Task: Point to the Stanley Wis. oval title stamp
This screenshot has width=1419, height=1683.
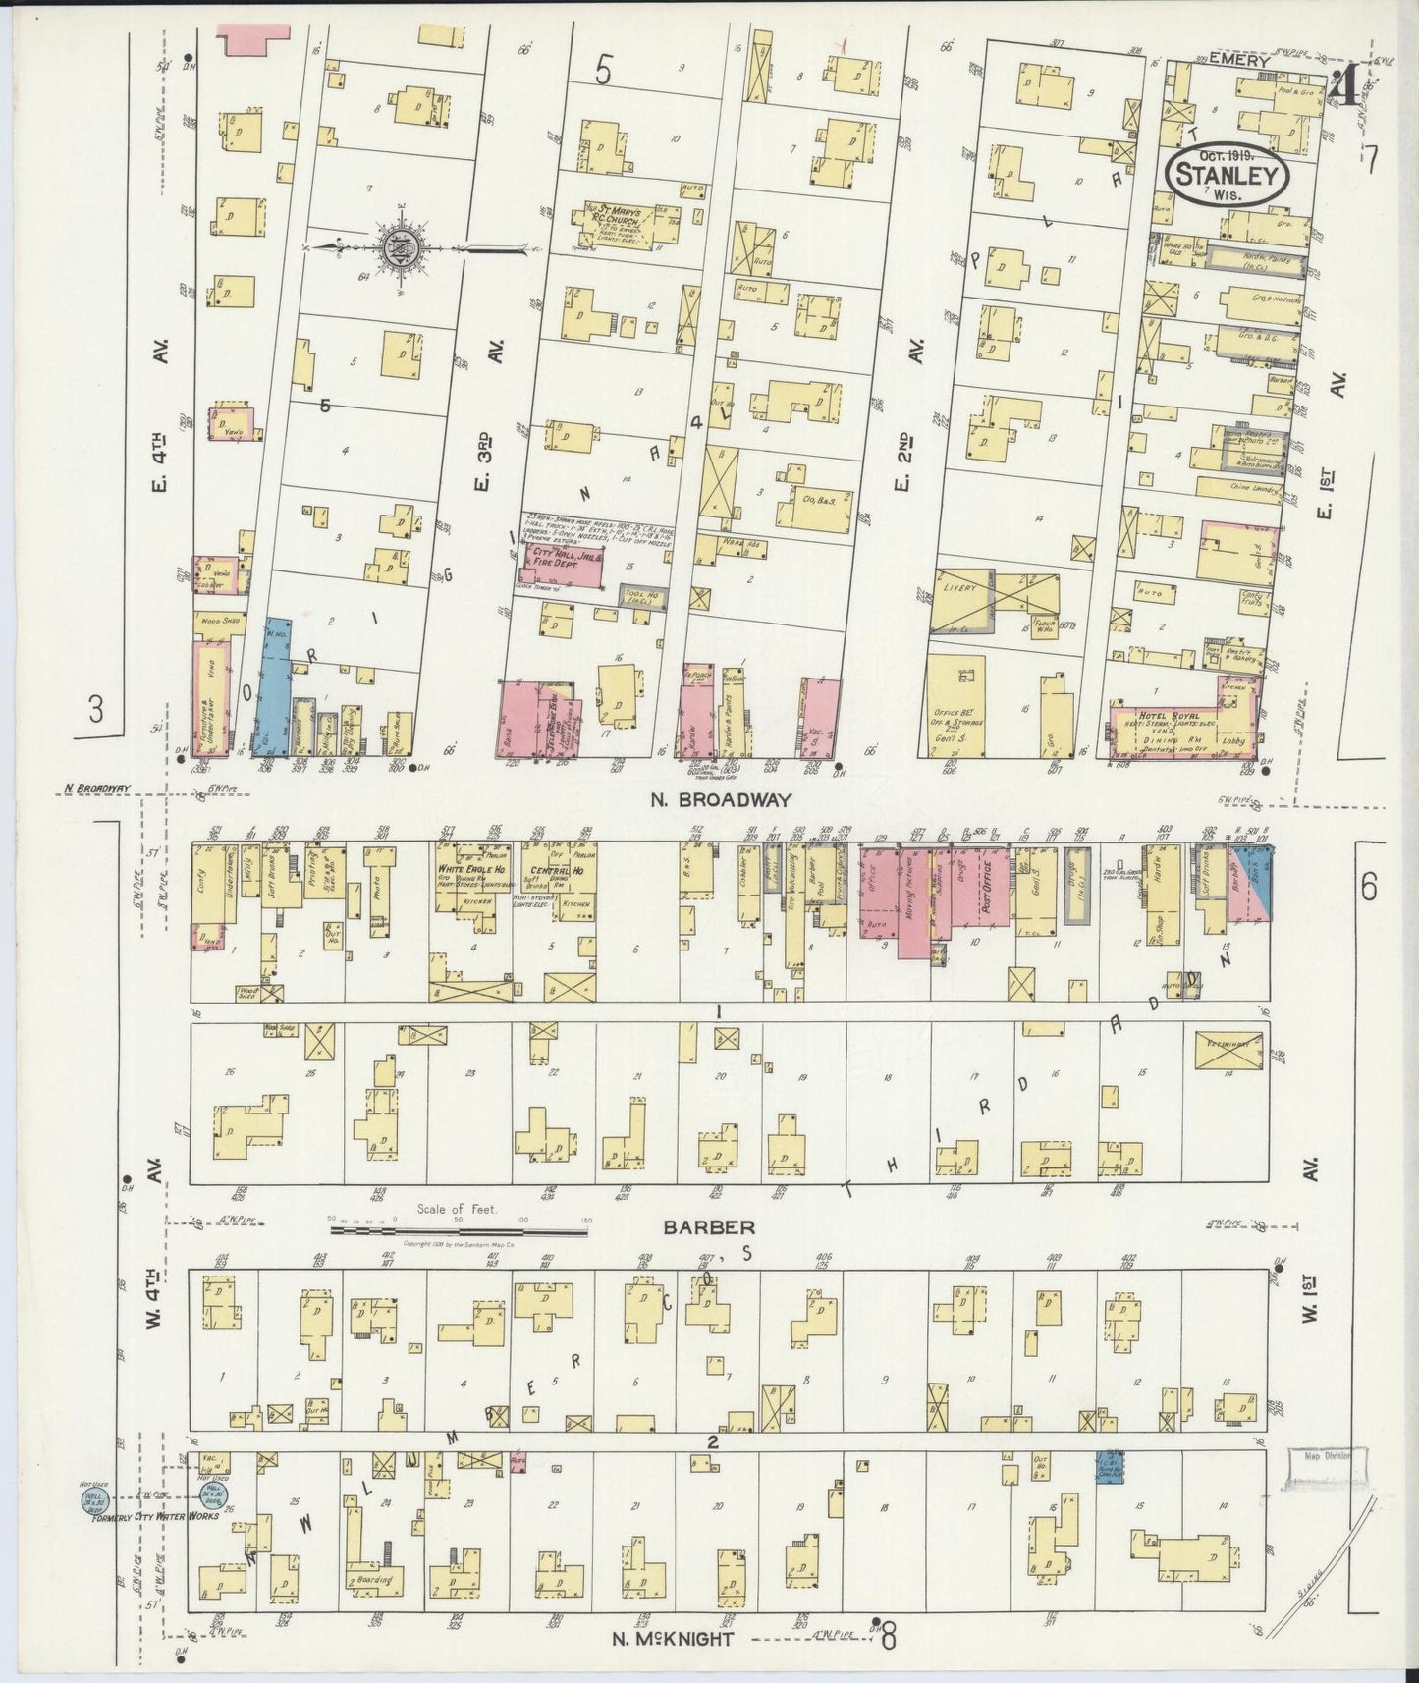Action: [x=1227, y=176]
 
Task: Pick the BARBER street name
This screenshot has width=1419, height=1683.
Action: [x=694, y=1226]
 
